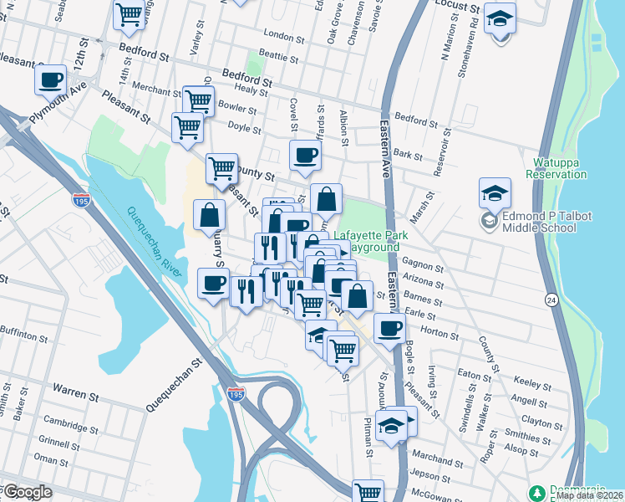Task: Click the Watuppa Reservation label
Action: point(556,168)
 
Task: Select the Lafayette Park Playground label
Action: point(371,242)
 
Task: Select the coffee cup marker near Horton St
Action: point(389,327)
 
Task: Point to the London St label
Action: point(282,36)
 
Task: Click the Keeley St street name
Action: point(529,382)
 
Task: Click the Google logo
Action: point(27,492)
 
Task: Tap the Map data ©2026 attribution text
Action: point(589,495)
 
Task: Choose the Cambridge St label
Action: point(65,422)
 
